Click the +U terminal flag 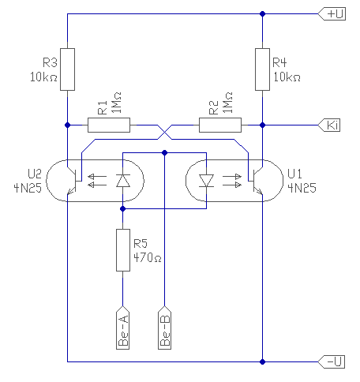[332, 13]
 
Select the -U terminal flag [332, 361]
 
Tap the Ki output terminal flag [329, 125]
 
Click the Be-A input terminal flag [122, 328]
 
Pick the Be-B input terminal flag [165, 328]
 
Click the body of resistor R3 [68, 69]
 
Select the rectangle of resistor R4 [262, 69]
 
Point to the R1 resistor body [109, 125]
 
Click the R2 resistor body [220, 125]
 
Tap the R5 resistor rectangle [123, 250]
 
